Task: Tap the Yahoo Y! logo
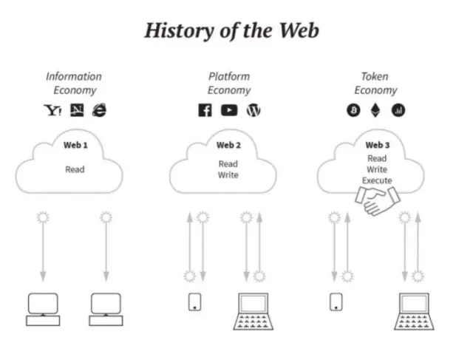[53, 110]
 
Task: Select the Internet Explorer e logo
[99, 110]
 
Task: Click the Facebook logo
[205, 110]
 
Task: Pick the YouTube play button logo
[229, 110]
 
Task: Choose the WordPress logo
[253, 110]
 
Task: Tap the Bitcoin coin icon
[353, 110]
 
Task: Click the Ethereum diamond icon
[375, 110]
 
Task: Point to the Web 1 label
[75, 145]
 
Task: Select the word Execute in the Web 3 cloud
[377, 180]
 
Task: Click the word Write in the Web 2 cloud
[228, 175]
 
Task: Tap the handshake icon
[378, 200]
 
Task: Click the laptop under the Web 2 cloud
[253, 311]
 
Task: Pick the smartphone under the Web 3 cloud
[336, 302]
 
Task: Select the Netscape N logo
[77, 110]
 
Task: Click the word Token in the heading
[375, 77]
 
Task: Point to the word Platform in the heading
[229, 77]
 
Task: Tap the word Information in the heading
[74, 77]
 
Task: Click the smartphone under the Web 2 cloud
[195, 302]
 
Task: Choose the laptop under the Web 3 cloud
[414, 311]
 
